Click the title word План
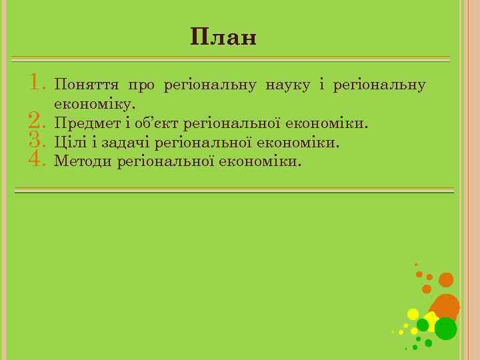click(x=223, y=37)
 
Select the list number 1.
click(x=37, y=83)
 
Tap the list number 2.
click(x=37, y=121)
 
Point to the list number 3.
click(x=37, y=140)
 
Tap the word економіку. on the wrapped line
click(x=95, y=105)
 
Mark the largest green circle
click(x=445, y=328)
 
